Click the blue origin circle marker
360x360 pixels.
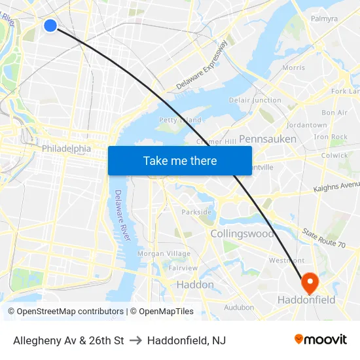(50, 26)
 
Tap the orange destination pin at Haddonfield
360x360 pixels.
(309, 282)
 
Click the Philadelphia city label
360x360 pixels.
(66, 149)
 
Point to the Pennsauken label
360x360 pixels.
(267, 139)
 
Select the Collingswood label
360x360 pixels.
(242, 234)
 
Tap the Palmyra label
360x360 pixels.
(325, 19)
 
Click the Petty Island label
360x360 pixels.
(180, 120)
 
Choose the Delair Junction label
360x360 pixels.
(255, 100)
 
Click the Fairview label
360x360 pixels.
(183, 268)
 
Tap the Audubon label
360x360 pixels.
(239, 307)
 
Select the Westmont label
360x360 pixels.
(287, 261)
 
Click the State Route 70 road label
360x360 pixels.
(323, 238)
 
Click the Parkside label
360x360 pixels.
(196, 212)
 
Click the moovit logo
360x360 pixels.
(321, 340)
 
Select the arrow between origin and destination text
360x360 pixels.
(135, 340)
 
